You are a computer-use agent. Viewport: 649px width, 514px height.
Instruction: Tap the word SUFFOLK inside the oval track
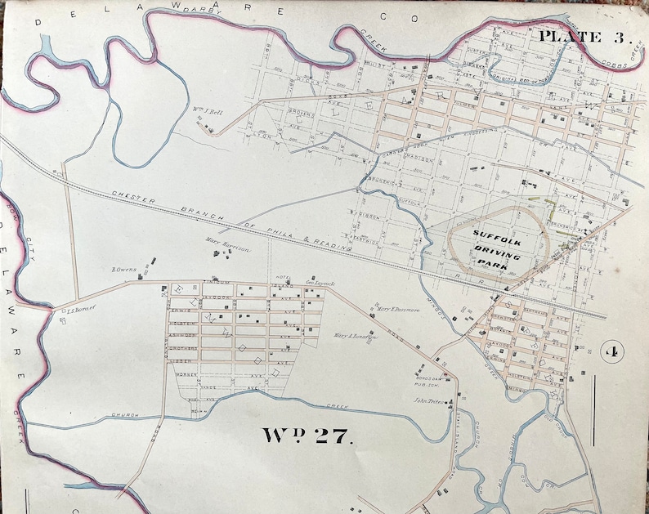[x=495, y=234]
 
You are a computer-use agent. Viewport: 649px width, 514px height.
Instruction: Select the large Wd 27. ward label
[x=308, y=434]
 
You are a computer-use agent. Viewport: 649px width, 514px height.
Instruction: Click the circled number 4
[x=610, y=352]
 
